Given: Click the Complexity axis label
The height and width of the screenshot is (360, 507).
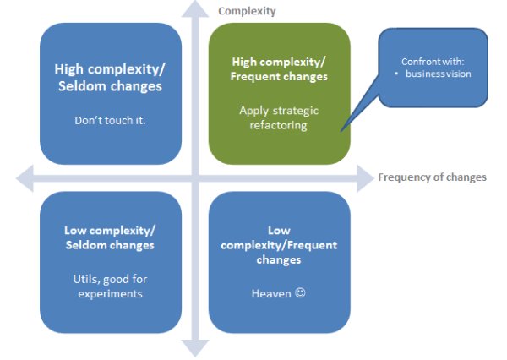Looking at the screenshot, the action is point(247,11).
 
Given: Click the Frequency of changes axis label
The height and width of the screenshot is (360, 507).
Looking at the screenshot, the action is point(433,177).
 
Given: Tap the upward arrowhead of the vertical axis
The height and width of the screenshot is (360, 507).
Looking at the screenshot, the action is point(195,8).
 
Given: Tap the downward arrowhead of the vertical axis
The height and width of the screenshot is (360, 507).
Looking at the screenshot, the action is point(195,349).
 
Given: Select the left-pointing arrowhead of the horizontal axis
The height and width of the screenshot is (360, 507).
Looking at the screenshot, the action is point(25,178).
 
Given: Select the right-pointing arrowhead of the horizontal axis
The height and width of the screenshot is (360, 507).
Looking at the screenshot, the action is point(365,178).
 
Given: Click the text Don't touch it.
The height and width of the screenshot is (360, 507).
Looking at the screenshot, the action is point(110,120).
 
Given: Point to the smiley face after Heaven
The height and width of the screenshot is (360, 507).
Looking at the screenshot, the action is point(300,292).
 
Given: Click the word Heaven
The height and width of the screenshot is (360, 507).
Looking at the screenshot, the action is point(271,294).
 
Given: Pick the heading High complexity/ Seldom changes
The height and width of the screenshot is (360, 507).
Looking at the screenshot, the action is point(110,78).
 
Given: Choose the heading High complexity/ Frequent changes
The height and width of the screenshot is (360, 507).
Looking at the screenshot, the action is point(279,69).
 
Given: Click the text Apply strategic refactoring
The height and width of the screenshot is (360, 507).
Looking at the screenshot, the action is point(279,117).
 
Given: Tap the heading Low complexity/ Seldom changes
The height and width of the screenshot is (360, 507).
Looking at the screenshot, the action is point(110,237).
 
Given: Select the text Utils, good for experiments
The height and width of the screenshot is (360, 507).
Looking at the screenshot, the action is point(110,286).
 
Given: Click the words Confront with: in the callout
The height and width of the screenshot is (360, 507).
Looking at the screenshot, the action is point(433,62).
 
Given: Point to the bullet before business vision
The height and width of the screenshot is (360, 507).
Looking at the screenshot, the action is point(396,74).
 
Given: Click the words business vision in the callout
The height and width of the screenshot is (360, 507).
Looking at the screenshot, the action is point(438,74).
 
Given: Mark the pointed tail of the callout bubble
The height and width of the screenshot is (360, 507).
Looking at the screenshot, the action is point(341,131).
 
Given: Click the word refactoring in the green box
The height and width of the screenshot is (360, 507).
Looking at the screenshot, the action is point(278,126).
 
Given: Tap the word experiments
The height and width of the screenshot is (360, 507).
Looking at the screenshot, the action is point(110,294).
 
